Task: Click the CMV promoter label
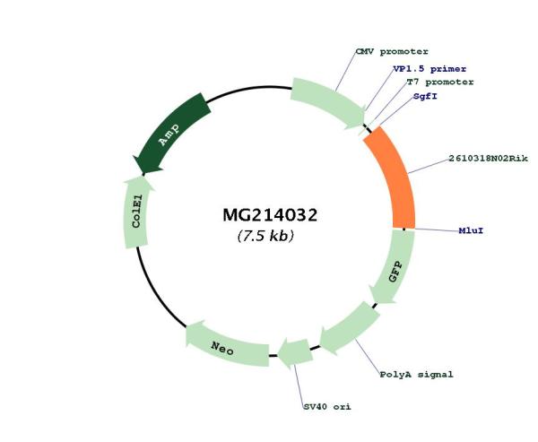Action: (x=392, y=52)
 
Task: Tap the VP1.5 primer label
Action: (x=430, y=69)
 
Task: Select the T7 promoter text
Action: (x=440, y=82)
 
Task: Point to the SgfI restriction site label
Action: (x=425, y=96)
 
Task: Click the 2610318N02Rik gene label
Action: (x=489, y=159)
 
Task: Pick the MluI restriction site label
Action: (x=471, y=230)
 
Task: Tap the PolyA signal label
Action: (x=416, y=375)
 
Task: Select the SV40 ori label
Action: (x=327, y=407)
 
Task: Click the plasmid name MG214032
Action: (x=270, y=215)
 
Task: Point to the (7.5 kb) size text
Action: (x=265, y=236)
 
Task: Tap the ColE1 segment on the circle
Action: (x=136, y=212)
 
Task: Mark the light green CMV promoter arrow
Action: (x=327, y=100)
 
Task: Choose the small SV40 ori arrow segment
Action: (x=294, y=352)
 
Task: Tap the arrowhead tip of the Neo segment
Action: (x=186, y=328)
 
